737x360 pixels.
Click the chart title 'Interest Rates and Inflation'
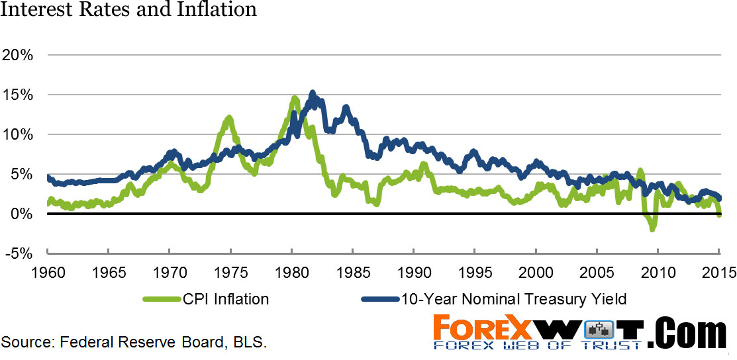pos(129,10)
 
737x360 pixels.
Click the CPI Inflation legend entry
pos(206,299)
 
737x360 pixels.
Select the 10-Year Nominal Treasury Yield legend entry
pos(494,299)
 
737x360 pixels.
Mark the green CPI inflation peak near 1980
pos(294,99)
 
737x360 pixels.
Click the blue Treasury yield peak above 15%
pos(313,93)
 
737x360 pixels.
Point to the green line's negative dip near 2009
pos(653,229)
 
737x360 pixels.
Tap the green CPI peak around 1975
pos(229,118)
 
